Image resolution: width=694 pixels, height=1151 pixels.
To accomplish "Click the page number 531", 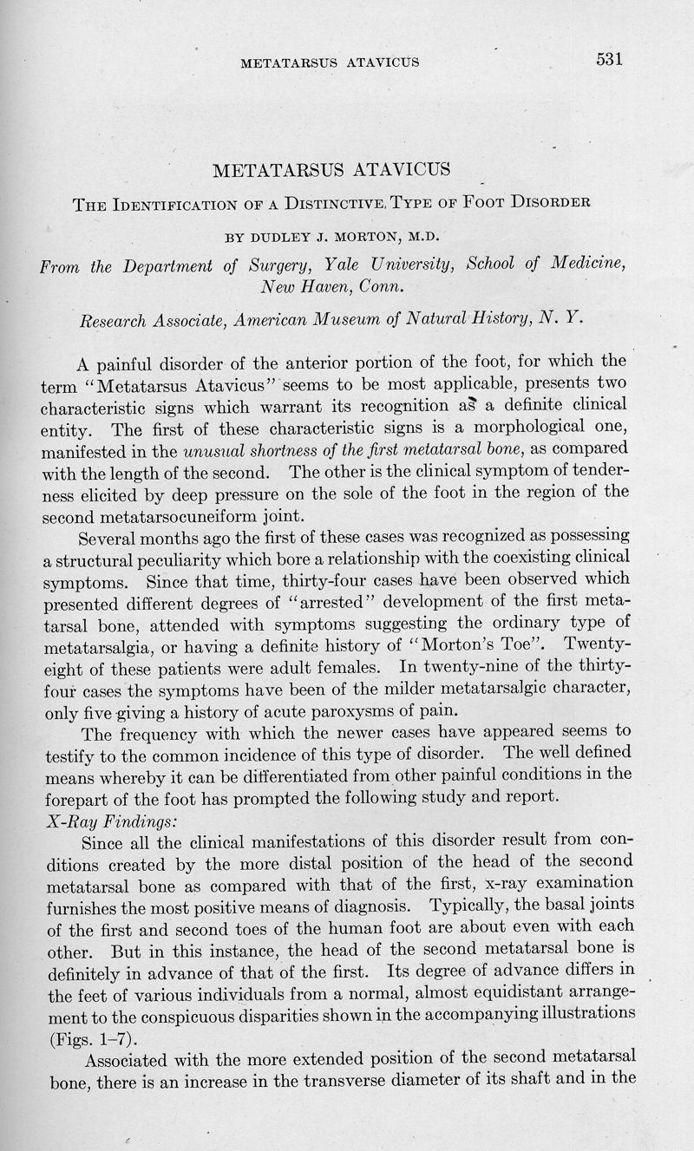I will click(x=610, y=59).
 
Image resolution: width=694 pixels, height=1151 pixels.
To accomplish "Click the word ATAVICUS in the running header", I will click(x=383, y=62).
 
